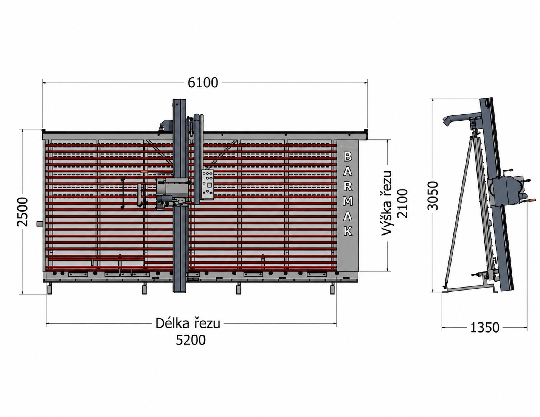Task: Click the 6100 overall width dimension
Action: click(203, 83)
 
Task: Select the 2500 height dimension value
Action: click(23, 212)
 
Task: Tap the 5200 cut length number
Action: click(191, 340)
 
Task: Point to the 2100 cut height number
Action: click(402, 204)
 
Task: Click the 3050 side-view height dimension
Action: click(433, 196)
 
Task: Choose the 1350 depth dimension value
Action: click(485, 327)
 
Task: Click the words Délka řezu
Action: click(188, 324)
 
